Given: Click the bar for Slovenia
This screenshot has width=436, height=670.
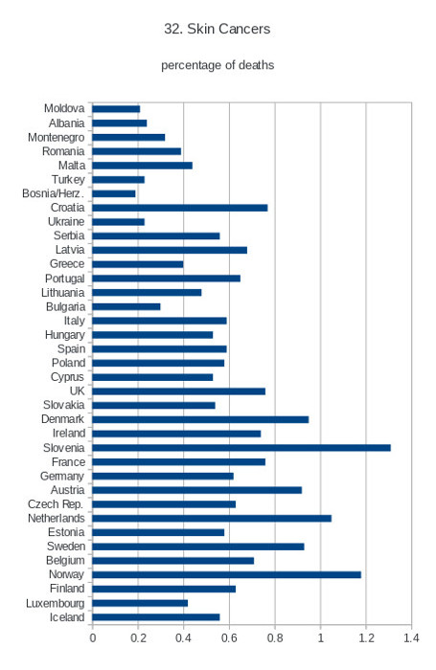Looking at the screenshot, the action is pos(241,448).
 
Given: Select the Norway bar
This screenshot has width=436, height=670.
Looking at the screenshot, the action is pos(227,574).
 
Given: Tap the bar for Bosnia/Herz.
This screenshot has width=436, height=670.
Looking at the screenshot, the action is pos(114,193).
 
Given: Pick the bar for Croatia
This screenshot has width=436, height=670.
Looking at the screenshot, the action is pos(180,208).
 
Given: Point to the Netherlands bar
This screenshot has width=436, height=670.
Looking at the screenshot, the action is pos(212,519).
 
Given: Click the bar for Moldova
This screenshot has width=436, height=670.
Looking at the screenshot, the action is pos(116,109).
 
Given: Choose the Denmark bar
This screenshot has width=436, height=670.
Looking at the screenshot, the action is pos(200,419).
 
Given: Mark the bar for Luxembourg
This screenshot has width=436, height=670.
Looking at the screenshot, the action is pos(140,603).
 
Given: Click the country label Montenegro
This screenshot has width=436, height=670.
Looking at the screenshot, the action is pos(56,138).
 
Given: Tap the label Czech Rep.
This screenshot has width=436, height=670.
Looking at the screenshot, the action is pos(56,504).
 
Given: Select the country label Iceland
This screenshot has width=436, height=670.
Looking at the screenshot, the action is pos(67,617).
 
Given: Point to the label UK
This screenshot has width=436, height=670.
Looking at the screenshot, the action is pos(78,391).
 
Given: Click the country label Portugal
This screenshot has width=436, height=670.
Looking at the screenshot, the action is pos(65,279).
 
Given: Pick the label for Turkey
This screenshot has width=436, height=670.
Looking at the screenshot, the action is pos(68,180).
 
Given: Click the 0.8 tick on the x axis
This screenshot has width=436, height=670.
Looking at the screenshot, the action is pos(275,638).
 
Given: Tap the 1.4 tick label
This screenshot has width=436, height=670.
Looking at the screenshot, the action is pos(412,638).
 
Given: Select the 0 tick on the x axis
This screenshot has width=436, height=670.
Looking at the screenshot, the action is pos(92,638).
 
